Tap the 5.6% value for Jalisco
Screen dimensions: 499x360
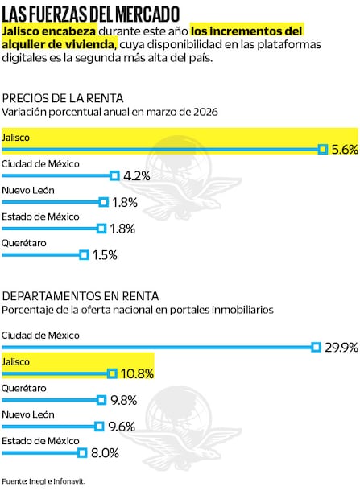click(x=344, y=150)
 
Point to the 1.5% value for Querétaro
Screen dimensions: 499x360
click(x=105, y=255)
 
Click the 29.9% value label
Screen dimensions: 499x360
click(x=341, y=348)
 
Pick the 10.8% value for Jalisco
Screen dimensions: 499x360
click(x=137, y=374)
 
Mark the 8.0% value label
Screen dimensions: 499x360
click(x=105, y=454)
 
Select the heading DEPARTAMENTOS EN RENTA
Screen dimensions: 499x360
click(x=81, y=296)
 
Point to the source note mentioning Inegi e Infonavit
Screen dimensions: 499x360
click(x=43, y=481)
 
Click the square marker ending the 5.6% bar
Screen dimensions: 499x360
click(x=322, y=149)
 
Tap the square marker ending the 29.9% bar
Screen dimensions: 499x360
click(x=317, y=347)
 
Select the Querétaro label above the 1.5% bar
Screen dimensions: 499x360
click(x=24, y=242)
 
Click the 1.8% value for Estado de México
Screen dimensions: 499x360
click(x=122, y=229)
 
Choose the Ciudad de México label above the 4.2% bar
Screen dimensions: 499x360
click(x=40, y=163)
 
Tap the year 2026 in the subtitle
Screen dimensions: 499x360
click(x=205, y=112)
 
